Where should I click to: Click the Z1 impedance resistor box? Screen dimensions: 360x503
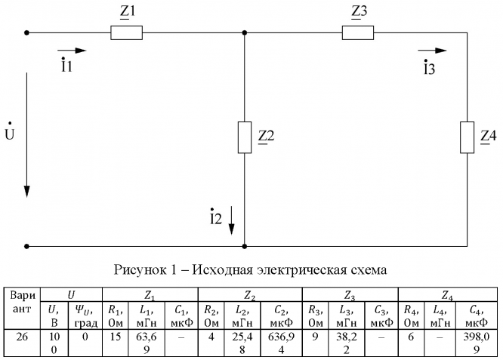coord(126,33)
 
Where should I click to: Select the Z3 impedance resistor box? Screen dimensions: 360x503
coord(358,33)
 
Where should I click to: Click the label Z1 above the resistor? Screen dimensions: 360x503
coord(126,14)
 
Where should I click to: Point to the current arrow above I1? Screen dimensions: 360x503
coord(72,51)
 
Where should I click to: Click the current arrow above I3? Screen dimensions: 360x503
coord(432,51)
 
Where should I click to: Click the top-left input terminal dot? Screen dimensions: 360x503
coord(27,33)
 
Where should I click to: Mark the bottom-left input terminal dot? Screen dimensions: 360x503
coord(27,246)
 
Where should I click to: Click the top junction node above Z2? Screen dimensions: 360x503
coord(245,33)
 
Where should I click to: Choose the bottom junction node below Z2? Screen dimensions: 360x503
coord(245,246)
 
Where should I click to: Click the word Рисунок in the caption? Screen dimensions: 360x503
coord(140,270)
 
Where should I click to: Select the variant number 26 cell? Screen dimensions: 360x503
coord(23,334)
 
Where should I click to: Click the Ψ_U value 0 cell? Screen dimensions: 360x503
coord(84,334)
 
